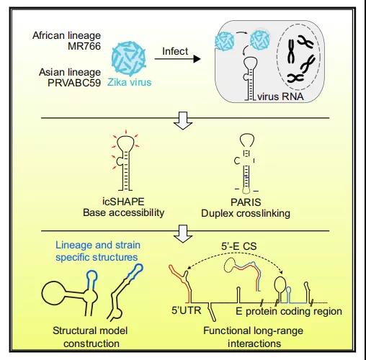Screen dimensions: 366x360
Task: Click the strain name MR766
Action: (x=84, y=46)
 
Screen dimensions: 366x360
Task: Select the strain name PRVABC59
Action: (x=74, y=83)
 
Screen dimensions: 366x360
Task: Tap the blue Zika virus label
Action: (x=130, y=82)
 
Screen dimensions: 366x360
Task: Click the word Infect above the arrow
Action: (x=175, y=51)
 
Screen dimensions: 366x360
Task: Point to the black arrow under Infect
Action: (x=177, y=59)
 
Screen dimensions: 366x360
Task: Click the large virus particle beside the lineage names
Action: (x=129, y=58)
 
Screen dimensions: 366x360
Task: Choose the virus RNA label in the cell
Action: (x=280, y=96)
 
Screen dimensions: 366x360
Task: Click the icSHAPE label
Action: (x=123, y=202)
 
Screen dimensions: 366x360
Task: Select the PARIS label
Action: (x=246, y=202)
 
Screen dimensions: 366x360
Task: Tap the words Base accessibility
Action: (x=123, y=213)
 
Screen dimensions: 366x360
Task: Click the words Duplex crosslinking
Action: (x=246, y=213)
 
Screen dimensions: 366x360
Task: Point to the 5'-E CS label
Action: (x=239, y=246)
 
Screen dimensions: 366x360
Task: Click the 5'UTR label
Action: (x=187, y=310)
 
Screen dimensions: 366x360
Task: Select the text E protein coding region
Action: (x=289, y=312)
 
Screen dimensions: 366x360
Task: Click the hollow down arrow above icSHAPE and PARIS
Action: (x=183, y=120)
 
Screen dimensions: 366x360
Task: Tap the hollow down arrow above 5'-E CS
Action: (x=183, y=234)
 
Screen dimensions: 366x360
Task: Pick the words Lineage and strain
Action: (x=98, y=245)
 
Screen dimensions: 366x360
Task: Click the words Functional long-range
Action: (x=253, y=330)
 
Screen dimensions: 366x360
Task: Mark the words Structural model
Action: (x=90, y=330)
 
